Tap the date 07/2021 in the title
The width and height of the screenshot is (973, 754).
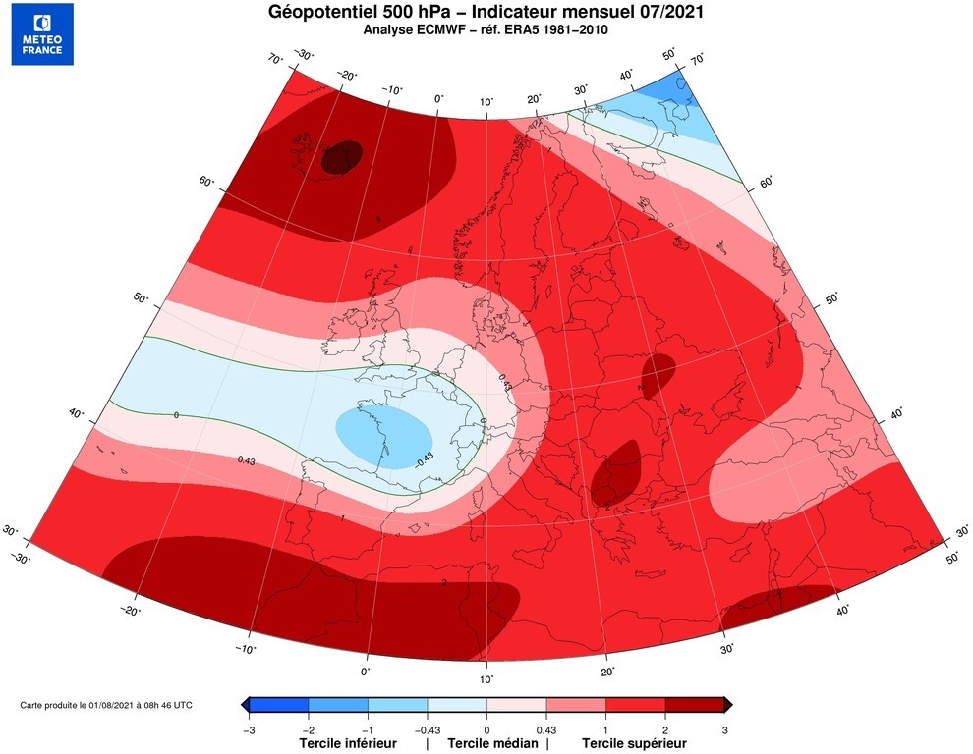(x=668, y=12)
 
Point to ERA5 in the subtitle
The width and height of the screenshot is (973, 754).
(x=538, y=29)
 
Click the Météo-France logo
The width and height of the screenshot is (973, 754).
(x=42, y=33)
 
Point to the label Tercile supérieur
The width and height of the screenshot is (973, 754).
(x=634, y=743)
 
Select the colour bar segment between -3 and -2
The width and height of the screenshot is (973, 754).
(x=279, y=704)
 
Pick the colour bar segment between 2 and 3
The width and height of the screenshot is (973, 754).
(x=695, y=704)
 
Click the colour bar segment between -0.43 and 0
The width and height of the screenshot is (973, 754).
(x=457, y=704)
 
